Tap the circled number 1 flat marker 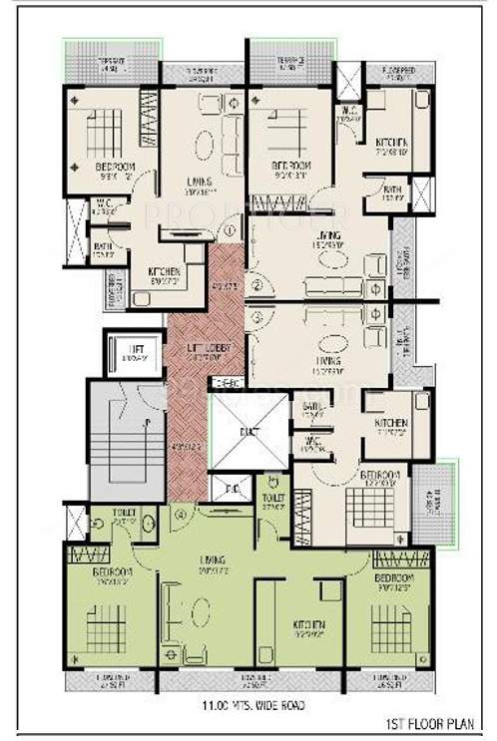pos(231,230)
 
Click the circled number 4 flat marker pos(181,516)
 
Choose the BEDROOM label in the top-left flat pos(115,168)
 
